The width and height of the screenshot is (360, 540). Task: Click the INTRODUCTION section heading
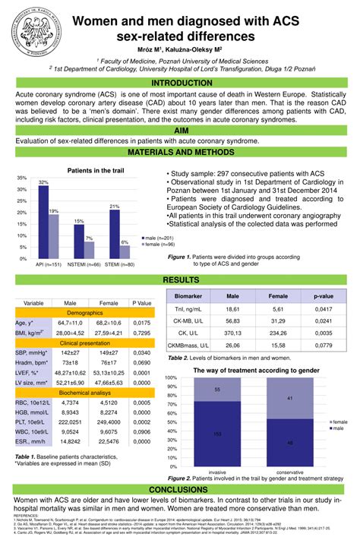180,83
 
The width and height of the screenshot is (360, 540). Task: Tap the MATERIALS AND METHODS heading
180,153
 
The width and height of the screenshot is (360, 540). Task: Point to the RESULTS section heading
180,281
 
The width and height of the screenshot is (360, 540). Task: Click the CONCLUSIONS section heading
180,490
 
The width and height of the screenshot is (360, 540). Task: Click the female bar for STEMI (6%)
125,251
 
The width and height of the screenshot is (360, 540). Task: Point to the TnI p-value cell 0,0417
324,311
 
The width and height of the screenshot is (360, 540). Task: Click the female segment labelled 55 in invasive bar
217,389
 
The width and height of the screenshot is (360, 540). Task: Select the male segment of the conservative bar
290,443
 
